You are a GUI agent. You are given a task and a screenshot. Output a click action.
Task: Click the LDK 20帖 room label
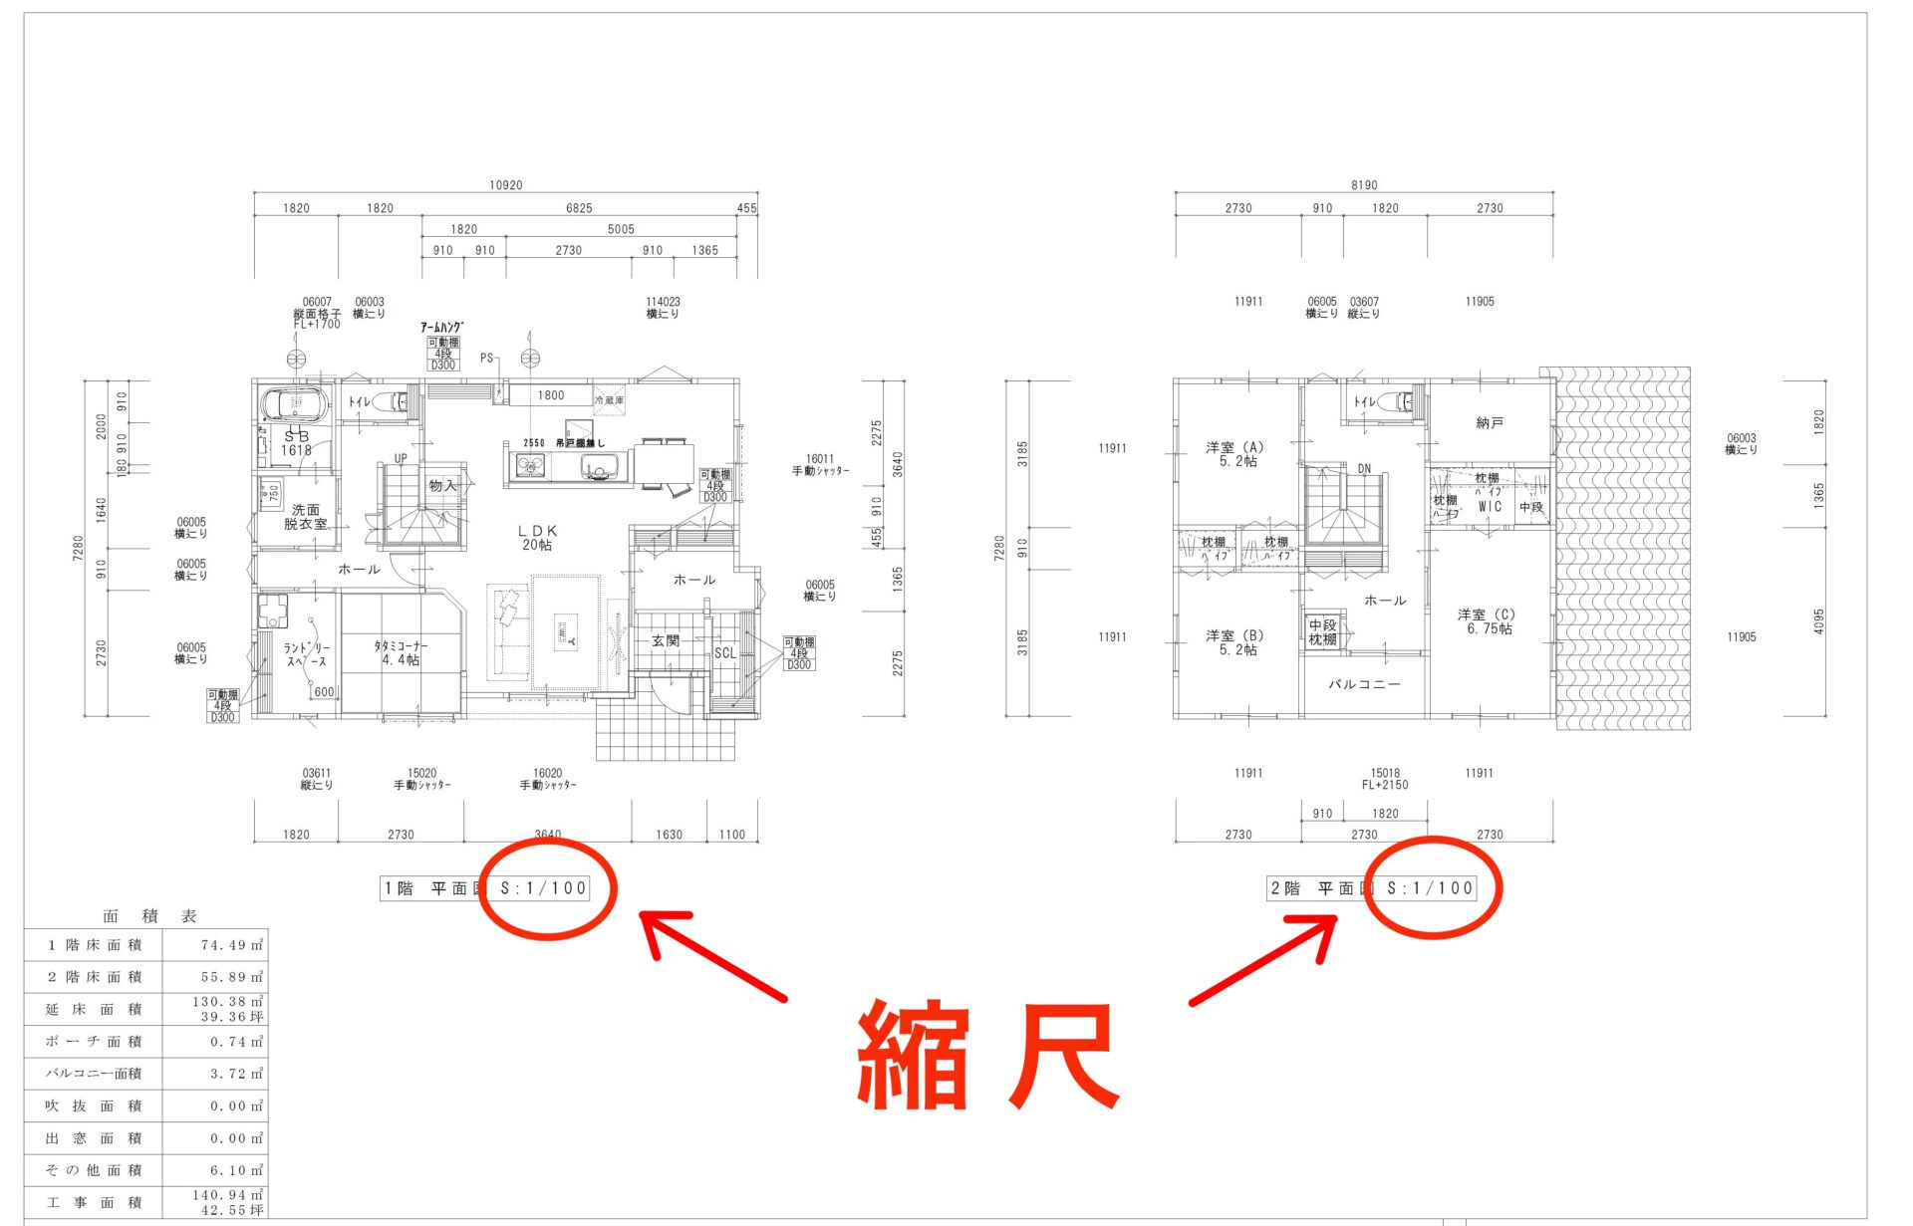tap(537, 538)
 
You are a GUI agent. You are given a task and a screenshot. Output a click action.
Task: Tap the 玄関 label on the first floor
tap(666, 640)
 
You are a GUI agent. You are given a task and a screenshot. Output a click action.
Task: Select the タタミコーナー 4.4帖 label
tap(401, 652)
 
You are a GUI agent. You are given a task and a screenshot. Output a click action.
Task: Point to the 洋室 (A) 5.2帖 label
tap(1235, 454)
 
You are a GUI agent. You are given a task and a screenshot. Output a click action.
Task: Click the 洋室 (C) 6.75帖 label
tap(1487, 621)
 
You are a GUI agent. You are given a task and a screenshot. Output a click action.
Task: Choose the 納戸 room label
tap(1490, 423)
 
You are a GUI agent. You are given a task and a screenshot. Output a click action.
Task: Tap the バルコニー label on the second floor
tap(1364, 684)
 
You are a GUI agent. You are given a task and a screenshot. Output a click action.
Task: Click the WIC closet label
tap(1490, 506)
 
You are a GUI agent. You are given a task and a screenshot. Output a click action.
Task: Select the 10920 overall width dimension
tap(505, 185)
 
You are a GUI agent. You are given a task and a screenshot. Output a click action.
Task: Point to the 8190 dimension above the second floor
tap(1364, 185)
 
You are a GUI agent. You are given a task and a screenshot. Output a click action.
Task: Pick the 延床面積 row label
tap(94, 1009)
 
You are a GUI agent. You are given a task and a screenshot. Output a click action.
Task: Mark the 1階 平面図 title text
tap(434, 888)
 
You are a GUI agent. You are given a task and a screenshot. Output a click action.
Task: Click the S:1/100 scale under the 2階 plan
tap(1430, 888)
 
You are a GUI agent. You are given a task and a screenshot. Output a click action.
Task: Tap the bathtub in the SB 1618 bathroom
tap(294, 404)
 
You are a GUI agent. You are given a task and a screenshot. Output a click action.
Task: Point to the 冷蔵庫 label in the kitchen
tap(609, 400)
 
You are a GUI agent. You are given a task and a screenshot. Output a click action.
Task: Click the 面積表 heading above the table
tap(149, 916)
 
